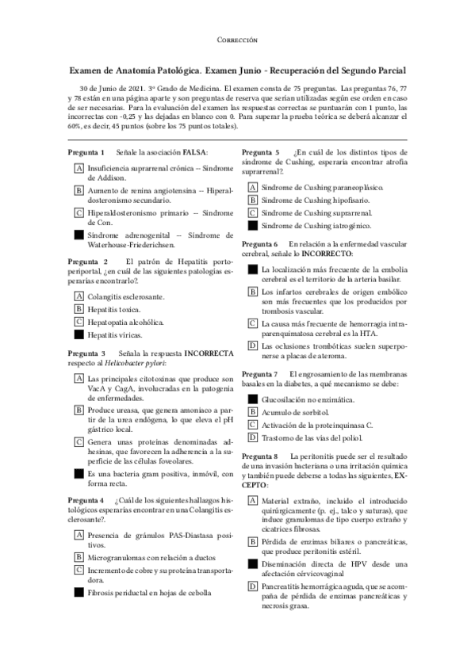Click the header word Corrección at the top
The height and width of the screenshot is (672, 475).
236,39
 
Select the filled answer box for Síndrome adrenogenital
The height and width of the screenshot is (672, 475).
79,235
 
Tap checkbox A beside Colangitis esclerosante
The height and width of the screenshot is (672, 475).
79,296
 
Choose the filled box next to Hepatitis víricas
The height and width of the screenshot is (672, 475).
79,335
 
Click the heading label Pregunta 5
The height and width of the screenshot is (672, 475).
260,151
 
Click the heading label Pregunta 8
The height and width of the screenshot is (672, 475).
260,457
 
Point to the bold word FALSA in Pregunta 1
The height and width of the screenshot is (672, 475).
195,151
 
